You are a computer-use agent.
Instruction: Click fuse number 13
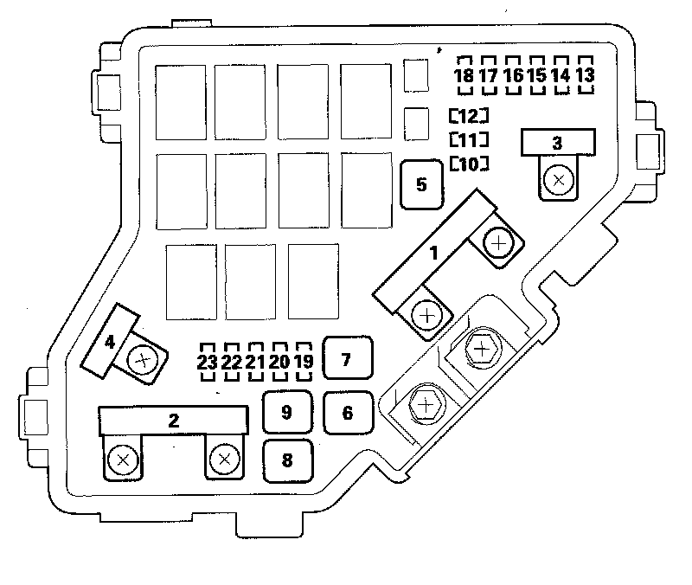tap(585, 75)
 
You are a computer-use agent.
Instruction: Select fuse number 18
tap(465, 75)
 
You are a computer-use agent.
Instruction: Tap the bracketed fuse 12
tap(469, 115)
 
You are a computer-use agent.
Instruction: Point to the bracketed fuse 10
tap(469, 164)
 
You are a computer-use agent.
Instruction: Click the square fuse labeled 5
tap(422, 184)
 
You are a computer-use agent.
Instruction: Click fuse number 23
tap(207, 363)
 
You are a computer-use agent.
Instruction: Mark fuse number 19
tap(302, 363)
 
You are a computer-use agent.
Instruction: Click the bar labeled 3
tap(558, 143)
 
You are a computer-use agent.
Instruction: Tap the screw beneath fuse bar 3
tap(559, 181)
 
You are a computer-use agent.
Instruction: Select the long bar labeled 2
tap(175, 421)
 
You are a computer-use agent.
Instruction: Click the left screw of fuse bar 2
tap(123, 460)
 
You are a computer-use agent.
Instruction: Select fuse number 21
tap(254, 363)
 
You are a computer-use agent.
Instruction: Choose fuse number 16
tap(513, 75)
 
